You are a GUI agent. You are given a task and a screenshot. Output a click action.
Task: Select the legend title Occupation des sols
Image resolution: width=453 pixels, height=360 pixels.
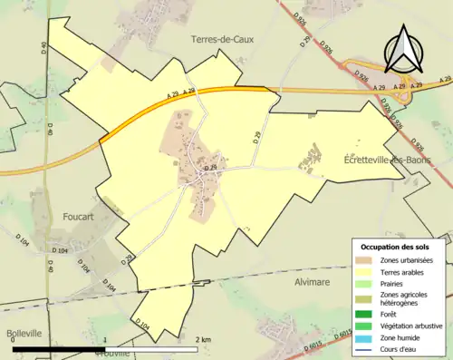click(x=396, y=247)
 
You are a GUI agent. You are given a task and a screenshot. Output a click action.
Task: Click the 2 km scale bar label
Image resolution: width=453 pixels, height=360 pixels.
click(x=205, y=339)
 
